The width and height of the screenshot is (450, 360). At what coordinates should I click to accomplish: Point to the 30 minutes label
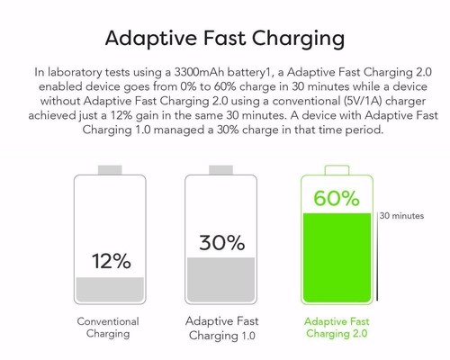(x=402, y=216)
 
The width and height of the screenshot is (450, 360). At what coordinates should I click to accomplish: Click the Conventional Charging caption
(x=113, y=328)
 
